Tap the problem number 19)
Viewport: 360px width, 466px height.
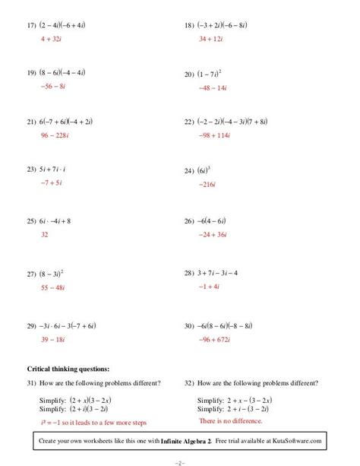point(32,73)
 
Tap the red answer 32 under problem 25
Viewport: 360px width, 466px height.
point(44,235)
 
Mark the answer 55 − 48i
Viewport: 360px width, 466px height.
point(53,287)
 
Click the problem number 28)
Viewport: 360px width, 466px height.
point(190,272)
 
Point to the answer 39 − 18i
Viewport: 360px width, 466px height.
point(53,338)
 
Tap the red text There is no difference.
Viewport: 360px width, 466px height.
point(230,420)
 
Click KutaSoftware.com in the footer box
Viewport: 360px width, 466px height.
point(298,441)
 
